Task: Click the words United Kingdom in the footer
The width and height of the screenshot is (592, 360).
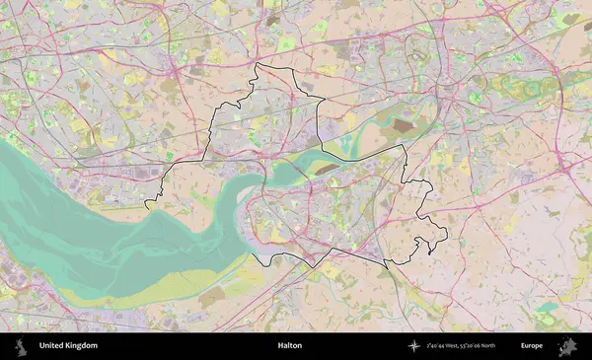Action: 68,346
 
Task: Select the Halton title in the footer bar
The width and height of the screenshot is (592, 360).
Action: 289,346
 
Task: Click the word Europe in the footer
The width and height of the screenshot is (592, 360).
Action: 532,346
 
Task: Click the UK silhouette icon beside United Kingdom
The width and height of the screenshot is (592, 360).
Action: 20,346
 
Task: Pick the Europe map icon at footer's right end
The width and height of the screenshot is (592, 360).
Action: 567,346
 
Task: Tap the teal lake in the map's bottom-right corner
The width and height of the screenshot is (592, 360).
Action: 546,309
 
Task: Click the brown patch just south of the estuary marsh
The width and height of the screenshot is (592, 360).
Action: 211,296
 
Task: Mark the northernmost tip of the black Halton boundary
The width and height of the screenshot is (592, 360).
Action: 256,64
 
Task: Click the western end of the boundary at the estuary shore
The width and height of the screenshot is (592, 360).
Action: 147,205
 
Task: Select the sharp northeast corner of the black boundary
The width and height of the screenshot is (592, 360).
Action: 405,146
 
